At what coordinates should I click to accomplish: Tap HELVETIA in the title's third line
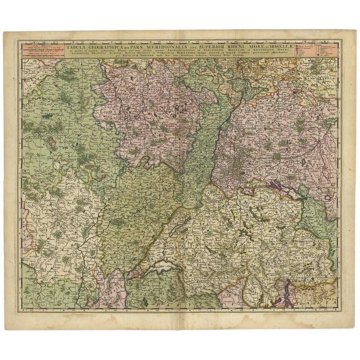[105, 57]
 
